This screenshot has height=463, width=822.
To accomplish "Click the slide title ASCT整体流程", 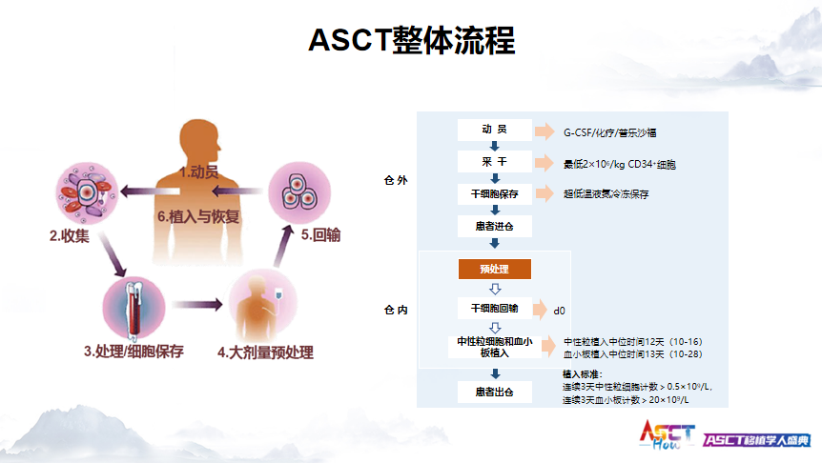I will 411,40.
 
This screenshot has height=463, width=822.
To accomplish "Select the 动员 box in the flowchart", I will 494,131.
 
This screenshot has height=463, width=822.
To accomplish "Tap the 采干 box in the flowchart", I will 494,163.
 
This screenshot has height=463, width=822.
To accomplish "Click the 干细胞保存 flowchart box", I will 494,194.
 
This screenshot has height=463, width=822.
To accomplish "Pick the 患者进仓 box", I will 494,227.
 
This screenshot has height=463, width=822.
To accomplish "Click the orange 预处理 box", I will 495,270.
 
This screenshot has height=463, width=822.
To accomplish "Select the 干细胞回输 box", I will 494,309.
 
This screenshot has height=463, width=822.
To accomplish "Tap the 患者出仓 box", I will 494,392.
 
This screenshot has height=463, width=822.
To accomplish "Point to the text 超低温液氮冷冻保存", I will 606,194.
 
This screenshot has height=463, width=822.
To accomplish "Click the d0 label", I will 560,311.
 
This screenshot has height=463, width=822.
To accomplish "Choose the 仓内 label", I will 395,311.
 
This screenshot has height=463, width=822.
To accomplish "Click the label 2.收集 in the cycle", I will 70,235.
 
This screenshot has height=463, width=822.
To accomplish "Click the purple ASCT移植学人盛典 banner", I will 757,439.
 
